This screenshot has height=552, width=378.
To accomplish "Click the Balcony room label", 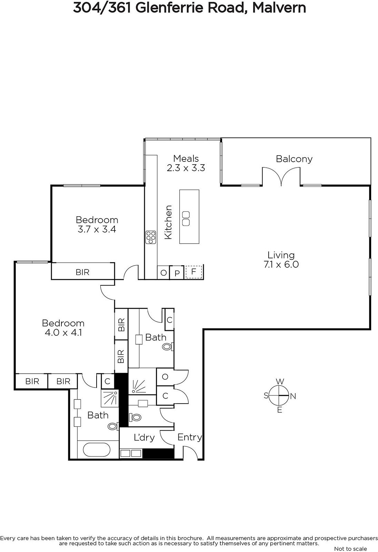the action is tap(294, 159).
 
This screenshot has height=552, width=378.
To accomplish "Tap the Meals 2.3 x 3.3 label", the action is tap(186, 163).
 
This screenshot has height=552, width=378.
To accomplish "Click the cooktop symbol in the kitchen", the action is tap(151, 237).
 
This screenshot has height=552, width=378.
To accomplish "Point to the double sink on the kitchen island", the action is tap(186, 218).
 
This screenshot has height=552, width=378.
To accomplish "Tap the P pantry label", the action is tap(177, 274).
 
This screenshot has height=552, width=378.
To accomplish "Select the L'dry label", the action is tap(144, 437).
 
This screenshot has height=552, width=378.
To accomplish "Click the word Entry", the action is tap(189, 437).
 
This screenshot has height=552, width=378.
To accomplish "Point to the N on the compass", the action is tap(293, 396).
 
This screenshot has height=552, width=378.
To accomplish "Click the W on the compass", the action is tap(280, 382).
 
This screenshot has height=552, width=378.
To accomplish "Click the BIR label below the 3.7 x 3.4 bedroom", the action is tap(82, 272).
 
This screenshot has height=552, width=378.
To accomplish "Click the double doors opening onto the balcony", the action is tap(281, 176).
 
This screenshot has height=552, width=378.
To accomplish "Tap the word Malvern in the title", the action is tap(279, 8).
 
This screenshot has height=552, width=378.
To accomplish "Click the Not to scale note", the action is tap(350, 548).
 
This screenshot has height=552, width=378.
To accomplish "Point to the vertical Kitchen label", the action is tap(168, 222).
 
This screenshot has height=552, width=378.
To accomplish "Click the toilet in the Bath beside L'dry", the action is tap(113, 426).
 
